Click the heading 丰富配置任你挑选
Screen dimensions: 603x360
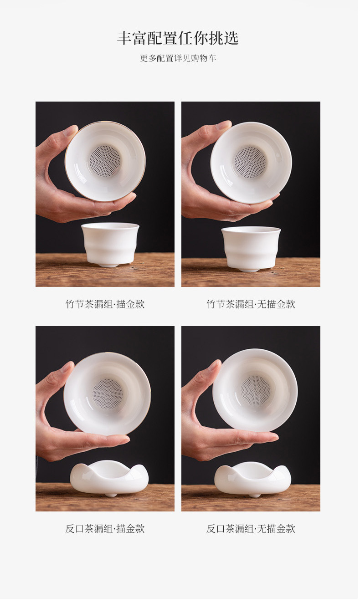click(178, 38)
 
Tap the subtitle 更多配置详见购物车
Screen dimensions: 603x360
click(178, 58)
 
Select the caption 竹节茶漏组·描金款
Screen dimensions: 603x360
click(105, 304)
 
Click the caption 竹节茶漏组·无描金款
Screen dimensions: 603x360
click(251, 304)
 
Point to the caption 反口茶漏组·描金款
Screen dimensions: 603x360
click(105, 529)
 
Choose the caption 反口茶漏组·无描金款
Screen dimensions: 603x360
click(251, 529)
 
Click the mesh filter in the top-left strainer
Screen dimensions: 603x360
click(105, 161)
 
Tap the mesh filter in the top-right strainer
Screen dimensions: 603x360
click(250, 162)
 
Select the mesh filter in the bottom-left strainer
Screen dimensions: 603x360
click(108, 394)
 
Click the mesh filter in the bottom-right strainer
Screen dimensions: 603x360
click(255, 391)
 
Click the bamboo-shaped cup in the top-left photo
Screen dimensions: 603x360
click(110, 244)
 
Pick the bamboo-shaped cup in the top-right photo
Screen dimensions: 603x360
click(251, 247)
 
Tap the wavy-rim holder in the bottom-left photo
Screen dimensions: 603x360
click(109, 477)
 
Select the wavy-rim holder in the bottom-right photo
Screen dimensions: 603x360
click(252, 478)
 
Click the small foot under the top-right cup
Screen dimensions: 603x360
click(251, 270)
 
